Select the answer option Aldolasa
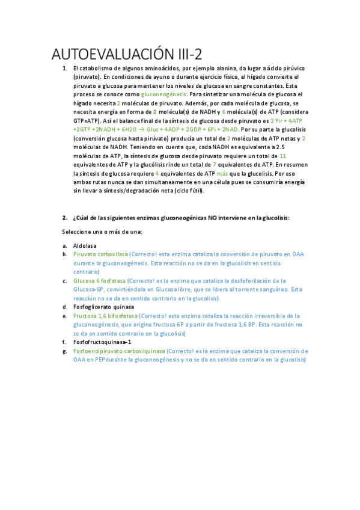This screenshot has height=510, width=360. pyautogui.click(x=85, y=245)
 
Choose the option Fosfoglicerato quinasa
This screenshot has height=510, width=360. pyautogui.click(x=103, y=307)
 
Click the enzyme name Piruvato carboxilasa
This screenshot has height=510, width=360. pyautogui.click(x=100, y=254)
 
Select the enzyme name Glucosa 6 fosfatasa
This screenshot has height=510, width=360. pyautogui.click(x=99, y=280)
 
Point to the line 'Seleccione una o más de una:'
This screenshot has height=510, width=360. pyautogui.click(x=101, y=232)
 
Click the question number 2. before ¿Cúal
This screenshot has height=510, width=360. pyautogui.click(x=64, y=217)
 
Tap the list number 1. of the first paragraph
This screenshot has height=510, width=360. pyautogui.click(x=64, y=69)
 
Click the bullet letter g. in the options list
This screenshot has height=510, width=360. pyautogui.click(x=64, y=351)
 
